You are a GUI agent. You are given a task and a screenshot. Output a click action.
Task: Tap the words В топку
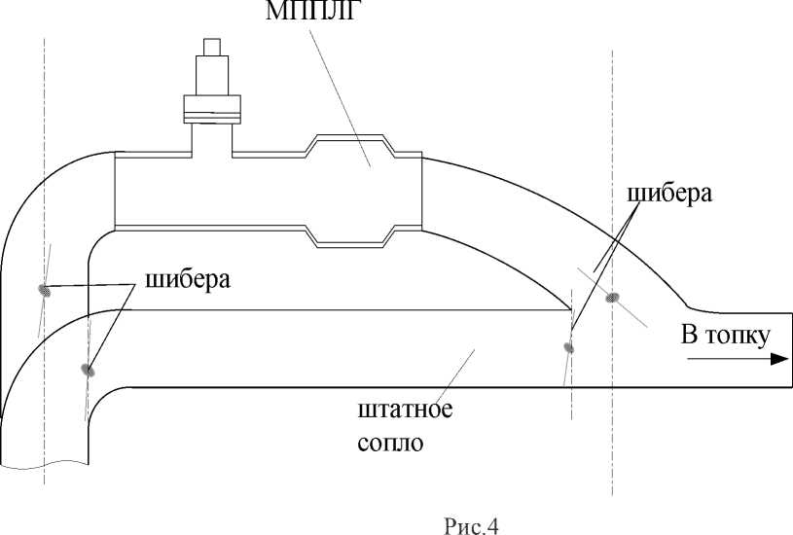tap(726, 336)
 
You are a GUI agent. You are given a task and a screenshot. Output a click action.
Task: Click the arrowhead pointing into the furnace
tap(777, 358)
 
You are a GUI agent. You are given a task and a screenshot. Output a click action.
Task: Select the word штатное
tap(405, 408)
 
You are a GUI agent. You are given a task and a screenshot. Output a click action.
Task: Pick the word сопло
tap(390, 444)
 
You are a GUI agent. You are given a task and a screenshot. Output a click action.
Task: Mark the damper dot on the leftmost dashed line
tap(45, 288)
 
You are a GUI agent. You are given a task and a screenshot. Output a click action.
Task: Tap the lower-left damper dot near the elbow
tap(89, 370)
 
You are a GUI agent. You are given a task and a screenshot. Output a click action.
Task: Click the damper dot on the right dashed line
tap(613, 297)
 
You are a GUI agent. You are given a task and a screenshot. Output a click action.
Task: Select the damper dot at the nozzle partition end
tap(569, 346)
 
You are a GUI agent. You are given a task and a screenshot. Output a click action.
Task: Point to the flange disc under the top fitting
tap(211, 108)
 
